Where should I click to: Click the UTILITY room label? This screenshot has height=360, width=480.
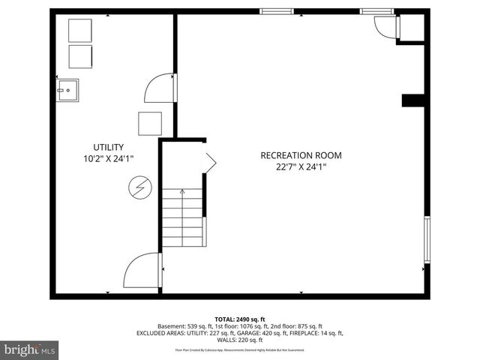[x=109, y=147]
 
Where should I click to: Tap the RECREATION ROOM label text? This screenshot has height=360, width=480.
[x=301, y=155]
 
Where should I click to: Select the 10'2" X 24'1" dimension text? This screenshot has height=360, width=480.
[x=109, y=159]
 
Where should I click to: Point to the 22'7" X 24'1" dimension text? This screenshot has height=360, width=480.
[x=301, y=167]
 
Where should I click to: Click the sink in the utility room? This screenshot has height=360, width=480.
[x=67, y=89]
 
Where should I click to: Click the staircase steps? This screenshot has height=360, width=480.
[x=182, y=218]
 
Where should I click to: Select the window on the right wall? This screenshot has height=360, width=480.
[x=427, y=240]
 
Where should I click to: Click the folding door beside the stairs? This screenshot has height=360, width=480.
[x=209, y=160]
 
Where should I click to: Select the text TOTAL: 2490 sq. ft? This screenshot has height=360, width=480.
[x=239, y=319]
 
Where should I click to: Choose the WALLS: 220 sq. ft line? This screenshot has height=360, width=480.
[x=239, y=340]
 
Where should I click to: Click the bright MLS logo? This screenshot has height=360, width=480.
[x=30, y=350]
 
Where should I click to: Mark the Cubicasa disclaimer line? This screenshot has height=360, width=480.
[x=239, y=349]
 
